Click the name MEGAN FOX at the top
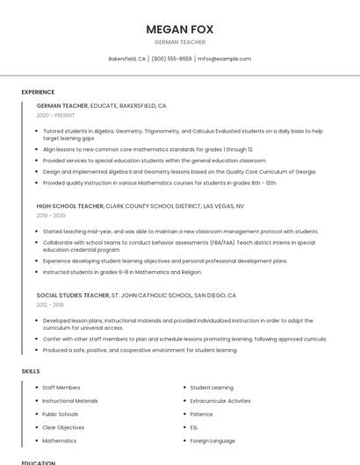[179, 29]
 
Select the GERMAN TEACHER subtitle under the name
[179, 42]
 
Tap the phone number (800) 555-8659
[171, 59]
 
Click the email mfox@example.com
[224, 59]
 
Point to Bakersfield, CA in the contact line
[127, 59]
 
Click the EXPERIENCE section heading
[38, 92]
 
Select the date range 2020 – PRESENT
[55, 115]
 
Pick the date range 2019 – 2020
[51, 215]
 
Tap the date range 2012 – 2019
[50, 304]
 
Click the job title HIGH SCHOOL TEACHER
[70, 206]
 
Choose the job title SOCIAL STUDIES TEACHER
[73, 296]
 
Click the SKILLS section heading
[31, 371]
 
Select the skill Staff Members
[61, 387]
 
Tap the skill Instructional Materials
[70, 401]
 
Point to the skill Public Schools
[61, 414]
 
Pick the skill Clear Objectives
[63, 427]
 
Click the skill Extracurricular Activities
[220, 401]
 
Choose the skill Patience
[201, 414]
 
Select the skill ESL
[194, 427]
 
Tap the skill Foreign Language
[212, 440]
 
